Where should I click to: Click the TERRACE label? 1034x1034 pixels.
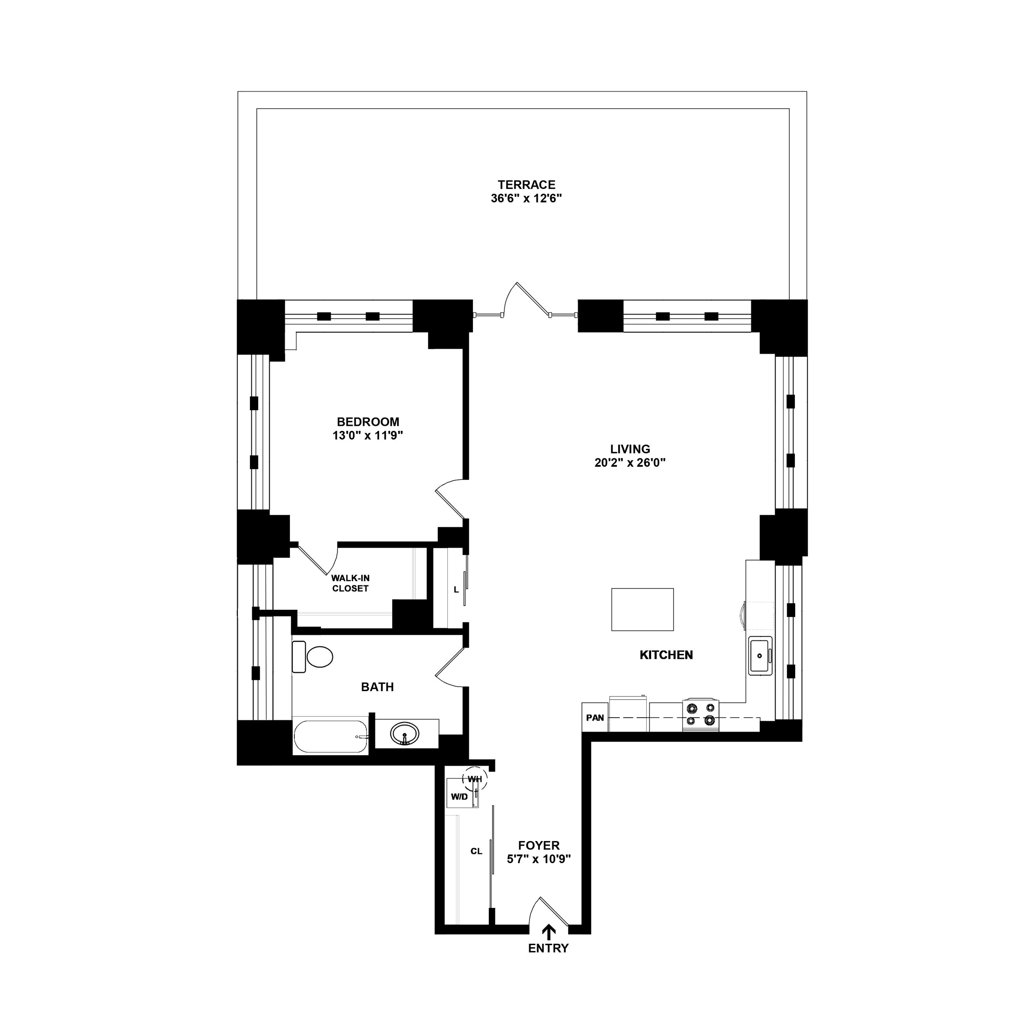point(526,184)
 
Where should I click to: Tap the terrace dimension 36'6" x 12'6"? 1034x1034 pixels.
point(526,198)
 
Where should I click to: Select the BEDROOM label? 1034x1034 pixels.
point(368,422)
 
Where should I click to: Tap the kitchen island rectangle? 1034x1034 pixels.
point(642,609)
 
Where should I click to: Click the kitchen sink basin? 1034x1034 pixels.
point(760,656)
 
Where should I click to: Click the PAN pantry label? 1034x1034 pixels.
point(595,718)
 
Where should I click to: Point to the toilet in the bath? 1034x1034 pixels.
point(313,657)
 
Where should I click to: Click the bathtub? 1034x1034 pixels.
point(331,737)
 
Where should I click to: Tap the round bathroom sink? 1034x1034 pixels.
point(405,733)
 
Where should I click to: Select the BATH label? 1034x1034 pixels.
point(377,687)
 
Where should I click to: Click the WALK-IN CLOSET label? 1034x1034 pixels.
point(350,583)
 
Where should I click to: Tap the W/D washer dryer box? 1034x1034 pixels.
point(459,797)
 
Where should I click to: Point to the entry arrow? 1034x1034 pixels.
point(548,947)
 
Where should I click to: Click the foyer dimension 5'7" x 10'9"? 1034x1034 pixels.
point(539,859)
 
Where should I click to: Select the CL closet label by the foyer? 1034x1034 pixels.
point(476,851)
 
